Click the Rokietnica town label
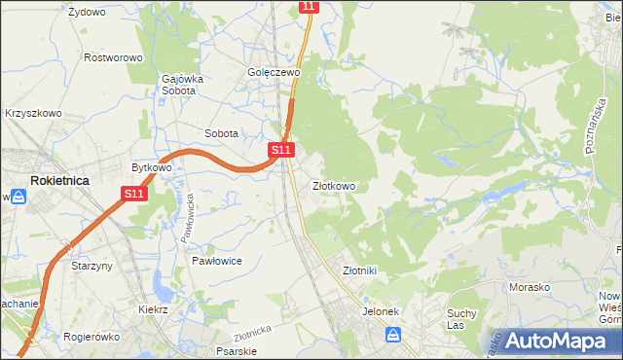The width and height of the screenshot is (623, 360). (x=60, y=181)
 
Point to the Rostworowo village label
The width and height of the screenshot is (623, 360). (x=113, y=57)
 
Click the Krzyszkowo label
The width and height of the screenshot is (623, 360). (x=33, y=113)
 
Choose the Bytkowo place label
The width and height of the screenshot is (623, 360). (x=152, y=167)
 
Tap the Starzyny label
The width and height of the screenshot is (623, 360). (x=93, y=265)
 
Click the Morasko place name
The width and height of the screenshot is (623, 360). (x=531, y=287)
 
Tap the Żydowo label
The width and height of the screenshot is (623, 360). (x=87, y=12)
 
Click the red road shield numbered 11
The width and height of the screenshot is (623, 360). (x=309, y=7)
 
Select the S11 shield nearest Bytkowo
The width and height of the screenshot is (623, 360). (x=134, y=195)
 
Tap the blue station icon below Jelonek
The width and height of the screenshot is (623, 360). (x=392, y=335)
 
